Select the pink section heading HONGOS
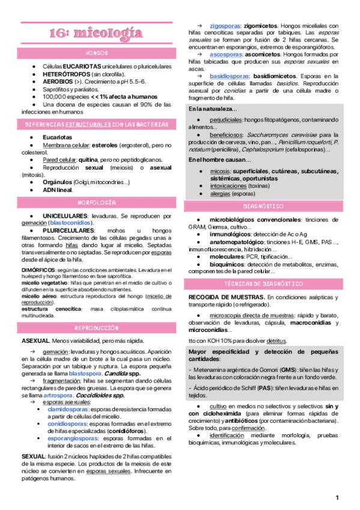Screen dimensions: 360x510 [x=97, y=54]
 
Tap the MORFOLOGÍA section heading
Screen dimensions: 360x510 [x=97, y=203]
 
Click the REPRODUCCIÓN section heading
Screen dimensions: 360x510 [x=97, y=328]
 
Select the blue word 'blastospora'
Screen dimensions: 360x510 [x=85, y=373]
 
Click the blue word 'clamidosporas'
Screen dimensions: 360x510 [x=68, y=410]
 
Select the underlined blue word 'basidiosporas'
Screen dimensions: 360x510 [x=229, y=76]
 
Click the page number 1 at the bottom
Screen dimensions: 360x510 [x=338, y=497]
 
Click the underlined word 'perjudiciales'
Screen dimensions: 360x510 [x=227, y=120]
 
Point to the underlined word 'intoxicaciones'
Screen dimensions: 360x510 [x=229, y=186]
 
